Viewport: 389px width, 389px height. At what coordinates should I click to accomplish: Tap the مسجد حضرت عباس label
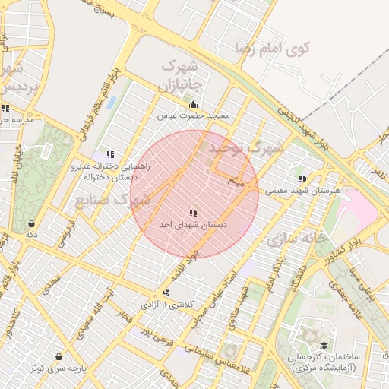193,115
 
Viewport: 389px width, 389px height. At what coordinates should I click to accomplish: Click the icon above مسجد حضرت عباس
193,105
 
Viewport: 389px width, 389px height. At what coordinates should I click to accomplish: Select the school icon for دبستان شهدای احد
193,213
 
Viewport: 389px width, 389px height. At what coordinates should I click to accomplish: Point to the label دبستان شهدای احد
193,225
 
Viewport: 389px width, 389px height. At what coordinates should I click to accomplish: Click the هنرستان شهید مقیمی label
302,191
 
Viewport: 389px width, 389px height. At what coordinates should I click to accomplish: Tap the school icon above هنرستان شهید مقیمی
302,179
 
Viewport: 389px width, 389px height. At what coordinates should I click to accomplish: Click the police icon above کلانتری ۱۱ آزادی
166,293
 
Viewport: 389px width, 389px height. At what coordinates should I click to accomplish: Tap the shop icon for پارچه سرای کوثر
59,356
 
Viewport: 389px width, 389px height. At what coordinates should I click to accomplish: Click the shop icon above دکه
31,224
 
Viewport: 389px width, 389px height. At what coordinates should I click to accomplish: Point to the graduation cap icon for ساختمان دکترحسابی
312,335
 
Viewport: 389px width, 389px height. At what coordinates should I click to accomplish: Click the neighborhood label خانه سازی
296,238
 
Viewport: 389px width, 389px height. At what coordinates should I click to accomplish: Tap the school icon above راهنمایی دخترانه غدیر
111,154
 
